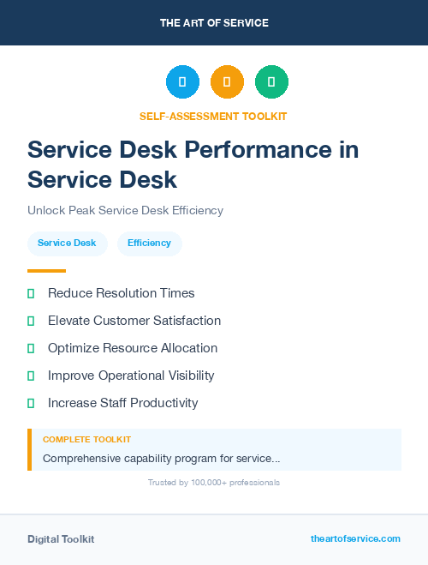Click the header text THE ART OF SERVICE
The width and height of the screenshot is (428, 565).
pos(214,23)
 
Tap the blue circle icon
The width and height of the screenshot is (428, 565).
pos(182,82)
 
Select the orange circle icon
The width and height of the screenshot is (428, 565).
pos(227,82)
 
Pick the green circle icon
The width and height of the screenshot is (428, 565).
pos(271,82)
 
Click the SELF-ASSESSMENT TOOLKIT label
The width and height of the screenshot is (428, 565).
pos(213,116)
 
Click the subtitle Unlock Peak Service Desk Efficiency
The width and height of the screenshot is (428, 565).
pos(125,210)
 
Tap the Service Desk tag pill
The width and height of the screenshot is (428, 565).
pos(67,243)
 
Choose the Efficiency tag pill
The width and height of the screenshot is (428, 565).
pos(149,243)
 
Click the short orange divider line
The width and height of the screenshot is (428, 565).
pos(46,271)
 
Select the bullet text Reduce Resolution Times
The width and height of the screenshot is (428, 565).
pos(121,293)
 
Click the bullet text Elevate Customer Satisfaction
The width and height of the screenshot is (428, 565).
pos(134,321)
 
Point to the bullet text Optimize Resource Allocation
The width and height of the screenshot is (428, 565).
pos(133,348)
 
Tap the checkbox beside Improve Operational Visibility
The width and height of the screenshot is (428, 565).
pos(31,376)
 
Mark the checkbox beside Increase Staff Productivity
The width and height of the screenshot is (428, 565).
pos(31,403)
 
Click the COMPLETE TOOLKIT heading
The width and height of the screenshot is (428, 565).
pos(86,440)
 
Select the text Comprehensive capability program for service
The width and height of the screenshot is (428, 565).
pos(161,459)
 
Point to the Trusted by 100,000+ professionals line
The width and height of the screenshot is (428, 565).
pos(213,483)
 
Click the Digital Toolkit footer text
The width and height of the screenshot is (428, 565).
pos(61,539)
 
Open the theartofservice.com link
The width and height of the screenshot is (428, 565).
pos(355,538)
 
